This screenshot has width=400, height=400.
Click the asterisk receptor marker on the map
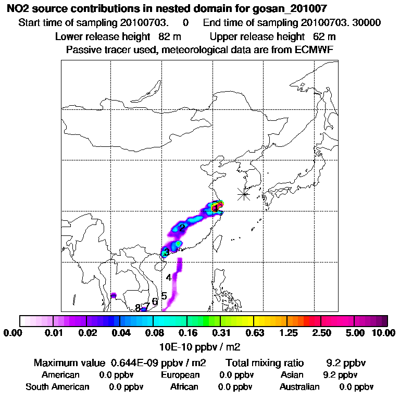tap(244, 194)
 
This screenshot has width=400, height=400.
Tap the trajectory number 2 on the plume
tap(182, 228)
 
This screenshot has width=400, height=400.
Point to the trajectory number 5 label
tap(164, 296)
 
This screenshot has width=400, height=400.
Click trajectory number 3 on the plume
tap(166, 253)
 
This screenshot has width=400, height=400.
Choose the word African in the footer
tap(184, 387)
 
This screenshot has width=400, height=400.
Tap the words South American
tap(57, 387)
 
